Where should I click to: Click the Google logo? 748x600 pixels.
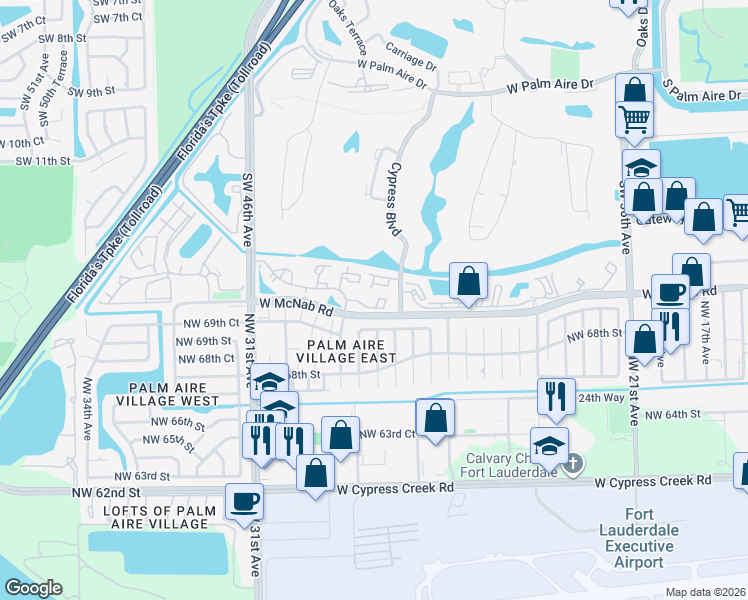[32, 588]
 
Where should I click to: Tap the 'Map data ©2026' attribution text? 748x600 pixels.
[704, 592]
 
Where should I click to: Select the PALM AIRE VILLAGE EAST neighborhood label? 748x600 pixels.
[345, 350]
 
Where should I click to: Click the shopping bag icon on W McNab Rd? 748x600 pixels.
[468, 282]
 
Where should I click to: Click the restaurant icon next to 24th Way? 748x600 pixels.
[553, 397]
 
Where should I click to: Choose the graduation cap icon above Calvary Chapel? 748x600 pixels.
[549, 446]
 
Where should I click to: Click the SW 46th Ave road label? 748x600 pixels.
[247, 210]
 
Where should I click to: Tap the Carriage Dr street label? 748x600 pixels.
[411, 56]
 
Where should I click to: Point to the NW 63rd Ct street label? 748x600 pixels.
[386, 434]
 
